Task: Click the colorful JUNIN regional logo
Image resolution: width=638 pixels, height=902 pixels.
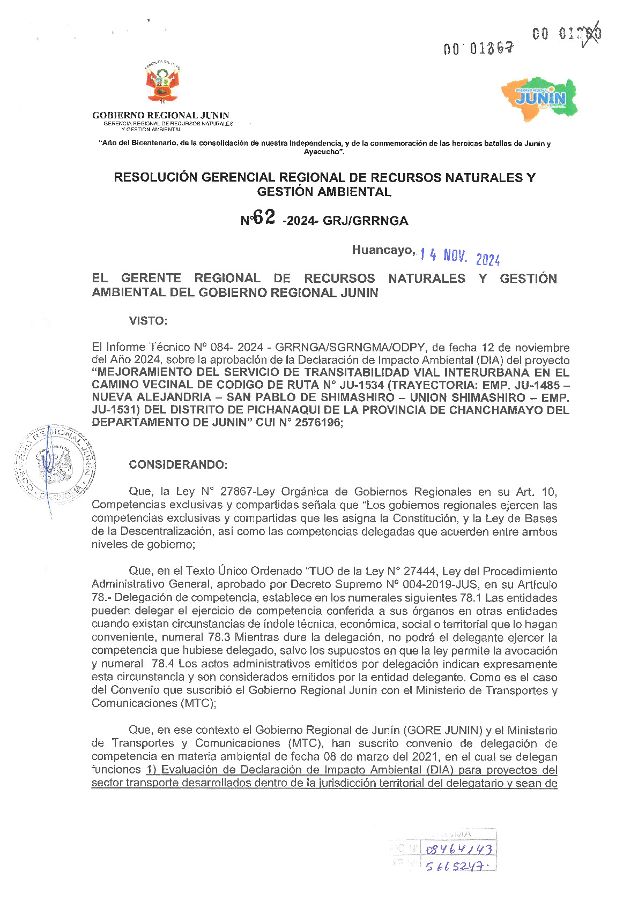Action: (x=539, y=99)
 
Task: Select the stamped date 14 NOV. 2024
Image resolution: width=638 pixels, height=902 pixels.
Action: (x=460, y=258)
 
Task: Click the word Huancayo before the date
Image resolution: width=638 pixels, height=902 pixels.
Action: (x=383, y=250)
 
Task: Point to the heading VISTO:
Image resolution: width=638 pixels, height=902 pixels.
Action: (x=148, y=321)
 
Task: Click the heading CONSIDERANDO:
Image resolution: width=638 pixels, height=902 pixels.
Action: (x=178, y=464)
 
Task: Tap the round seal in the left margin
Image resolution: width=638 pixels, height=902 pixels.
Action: (x=55, y=464)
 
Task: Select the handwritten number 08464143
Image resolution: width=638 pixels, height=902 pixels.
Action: (x=458, y=850)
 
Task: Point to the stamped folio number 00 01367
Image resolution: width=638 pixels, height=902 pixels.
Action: (x=479, y=49)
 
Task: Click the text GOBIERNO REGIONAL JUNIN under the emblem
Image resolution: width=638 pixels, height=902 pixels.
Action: (x=160, y=115)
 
